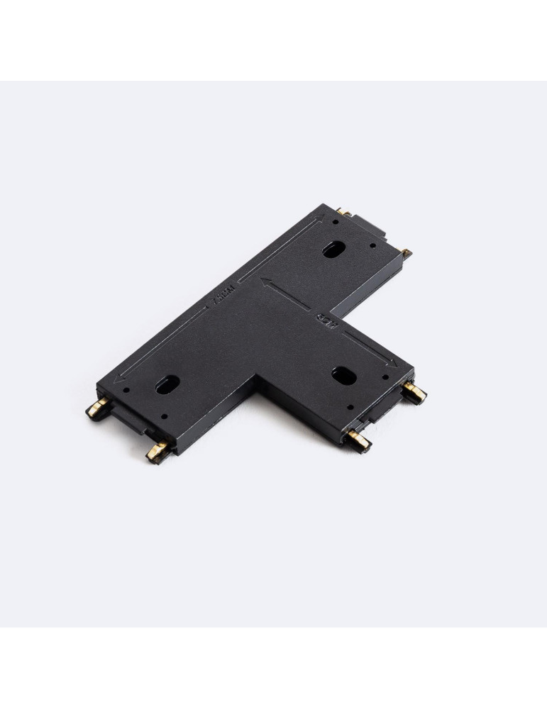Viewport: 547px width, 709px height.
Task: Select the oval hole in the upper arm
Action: [x=331, y=250]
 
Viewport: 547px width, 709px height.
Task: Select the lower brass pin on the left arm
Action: [x=157, y=450]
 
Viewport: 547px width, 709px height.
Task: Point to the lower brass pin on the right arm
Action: [x=360, y=441]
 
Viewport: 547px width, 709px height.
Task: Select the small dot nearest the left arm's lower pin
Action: [x=165, y=417]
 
